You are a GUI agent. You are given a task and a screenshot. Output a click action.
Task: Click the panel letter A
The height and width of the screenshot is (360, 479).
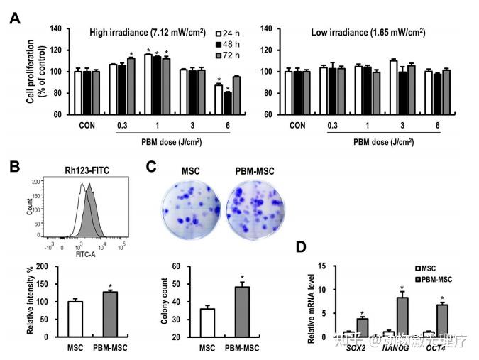click(x=14, y=17)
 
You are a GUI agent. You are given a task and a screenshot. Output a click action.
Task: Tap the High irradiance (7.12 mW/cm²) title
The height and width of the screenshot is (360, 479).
click(x=149, y=33)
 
